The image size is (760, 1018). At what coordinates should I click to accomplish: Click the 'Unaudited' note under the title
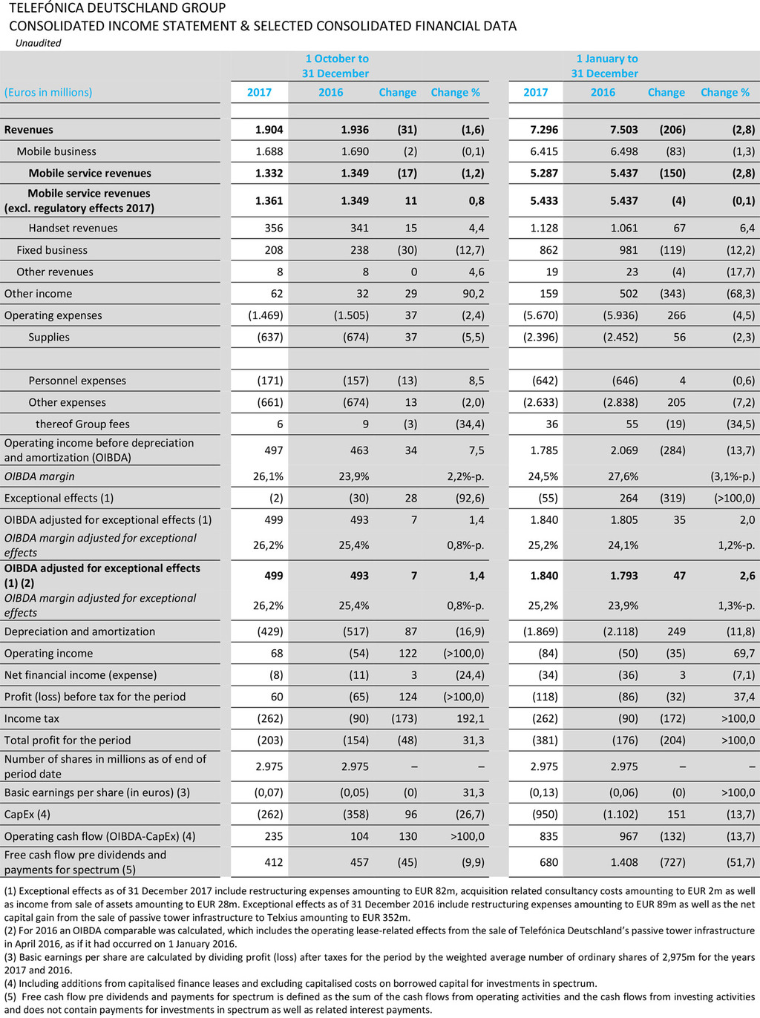pyautogui.click(x=38, y=43)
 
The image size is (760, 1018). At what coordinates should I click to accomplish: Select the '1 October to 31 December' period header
pyautogui.click(x=335, y=66)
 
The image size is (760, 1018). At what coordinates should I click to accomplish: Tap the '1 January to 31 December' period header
pyautogui.click(x=605, y=66)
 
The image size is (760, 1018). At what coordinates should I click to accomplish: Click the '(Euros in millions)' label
pyautogui.click(x=48, y=93)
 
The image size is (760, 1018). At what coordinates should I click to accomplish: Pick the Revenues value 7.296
pyautogui.click(x=544, y=130)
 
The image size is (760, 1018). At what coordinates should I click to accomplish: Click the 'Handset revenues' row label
pyautogui.click(x=73, y=229)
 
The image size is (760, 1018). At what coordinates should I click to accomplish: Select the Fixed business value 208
pyautogui.click(x=273, y=250)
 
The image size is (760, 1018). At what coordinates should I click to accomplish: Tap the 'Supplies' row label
pyautogui.click(x=49, y=337)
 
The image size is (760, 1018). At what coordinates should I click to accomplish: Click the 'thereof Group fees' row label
pyautogui.click(x=82, y=424)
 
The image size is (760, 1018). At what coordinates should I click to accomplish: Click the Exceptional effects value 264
pyautogui.click(x=629, y=498)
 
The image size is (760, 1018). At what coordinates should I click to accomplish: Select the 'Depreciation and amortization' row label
pyautogui.click(x=79, y=631)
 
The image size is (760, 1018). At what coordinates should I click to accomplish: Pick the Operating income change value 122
pyautogui.click(x=407, y=654)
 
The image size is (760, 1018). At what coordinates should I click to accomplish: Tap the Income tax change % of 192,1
pyautogui.click(x=470, y=718)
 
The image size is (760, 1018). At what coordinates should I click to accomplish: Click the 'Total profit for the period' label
pyautogui.click(x=68, y=740)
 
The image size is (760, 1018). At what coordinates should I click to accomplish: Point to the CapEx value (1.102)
pyautogui.click(x=619, y=814)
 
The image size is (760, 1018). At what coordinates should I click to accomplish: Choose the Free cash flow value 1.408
pyautogui.click(x=623, y=862)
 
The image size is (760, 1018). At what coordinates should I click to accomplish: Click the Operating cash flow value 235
pyautogui.click(x=273, y=836)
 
